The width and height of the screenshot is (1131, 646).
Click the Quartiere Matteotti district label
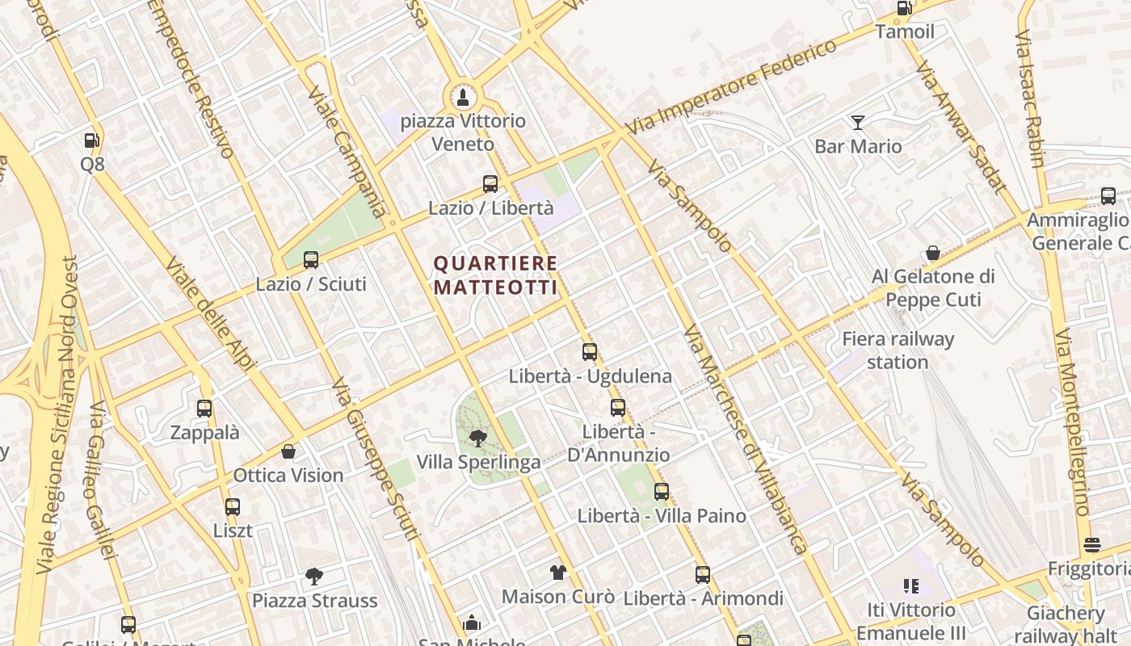click(x=495, y=275)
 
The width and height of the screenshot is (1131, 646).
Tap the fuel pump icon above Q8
click(x=92, y=141)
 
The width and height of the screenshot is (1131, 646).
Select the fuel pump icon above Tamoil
click(x=904, y=8)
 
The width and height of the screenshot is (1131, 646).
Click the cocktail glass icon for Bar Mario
click(x=858, y=123)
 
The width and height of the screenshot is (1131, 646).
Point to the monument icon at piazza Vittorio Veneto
click(x=463, y=99)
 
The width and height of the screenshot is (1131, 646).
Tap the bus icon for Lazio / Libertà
click(x=490, y=183)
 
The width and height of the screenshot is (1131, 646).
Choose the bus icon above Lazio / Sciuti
click(x=311, y=260)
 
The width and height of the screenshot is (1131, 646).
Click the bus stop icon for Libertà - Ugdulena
click(x=590, y=352)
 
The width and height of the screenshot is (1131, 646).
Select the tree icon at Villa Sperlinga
click(x=478, y=438)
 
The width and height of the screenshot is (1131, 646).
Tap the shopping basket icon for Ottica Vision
click(x=288, y=451)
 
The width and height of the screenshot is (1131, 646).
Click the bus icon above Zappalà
click(x=204, y=409)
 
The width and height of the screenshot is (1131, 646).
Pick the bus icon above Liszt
click(x=233, y=507)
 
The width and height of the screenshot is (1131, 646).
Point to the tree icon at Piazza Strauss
click(x=314, y=577)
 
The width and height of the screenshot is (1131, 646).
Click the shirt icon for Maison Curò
click(x=558, y=573)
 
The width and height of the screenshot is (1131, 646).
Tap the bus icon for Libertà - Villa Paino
click(x=662, y=491)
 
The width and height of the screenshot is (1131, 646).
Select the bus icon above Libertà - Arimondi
click(x=703, y=575)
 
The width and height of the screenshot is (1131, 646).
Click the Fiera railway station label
click(x=898, y=350)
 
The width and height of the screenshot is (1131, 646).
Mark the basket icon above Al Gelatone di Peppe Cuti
click(x=933, y=253)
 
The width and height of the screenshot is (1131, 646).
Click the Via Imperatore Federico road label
click(x=732, y=86)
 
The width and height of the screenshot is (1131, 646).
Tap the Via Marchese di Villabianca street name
click(x=745, y=439)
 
